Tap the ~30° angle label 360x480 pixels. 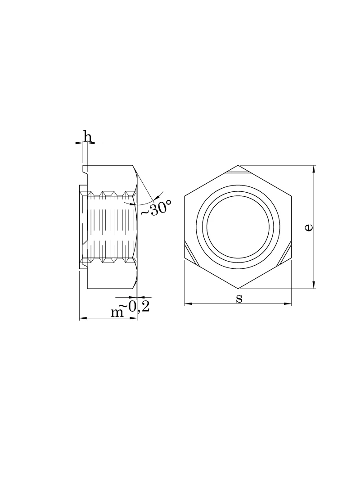[x=155, y=208]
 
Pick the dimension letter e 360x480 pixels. [x=309, y=227]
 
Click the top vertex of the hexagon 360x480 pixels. [x=238, y=165]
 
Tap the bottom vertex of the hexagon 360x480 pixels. [x=238, y=288]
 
